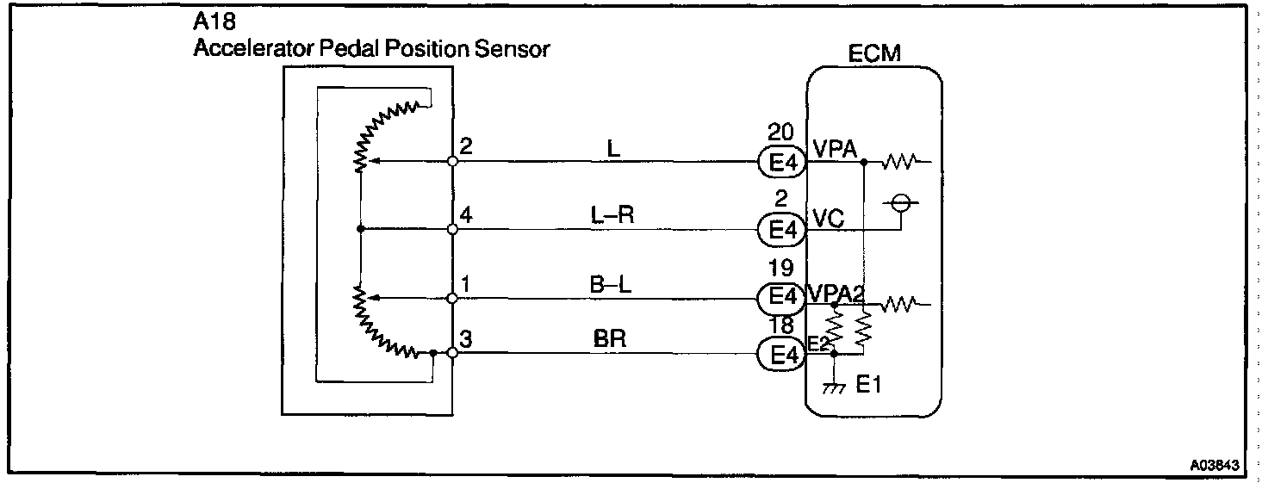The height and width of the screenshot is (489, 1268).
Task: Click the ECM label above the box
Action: (x=873, y=53)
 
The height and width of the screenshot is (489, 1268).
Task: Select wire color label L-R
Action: (x=612, y=216)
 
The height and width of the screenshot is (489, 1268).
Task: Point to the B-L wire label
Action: (x=612, y=285)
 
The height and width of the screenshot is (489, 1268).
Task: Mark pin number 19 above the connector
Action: (x=781, y=268)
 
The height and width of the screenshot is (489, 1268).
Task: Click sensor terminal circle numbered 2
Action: (x=453, y=161)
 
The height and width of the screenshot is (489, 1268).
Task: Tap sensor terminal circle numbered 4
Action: (x=453, y=230)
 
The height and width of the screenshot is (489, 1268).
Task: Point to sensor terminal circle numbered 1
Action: (x=453, y=299)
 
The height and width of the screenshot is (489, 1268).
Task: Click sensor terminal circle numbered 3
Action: (x=453, y=353)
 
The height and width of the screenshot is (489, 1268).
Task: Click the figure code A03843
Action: (x=1215, y=466)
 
